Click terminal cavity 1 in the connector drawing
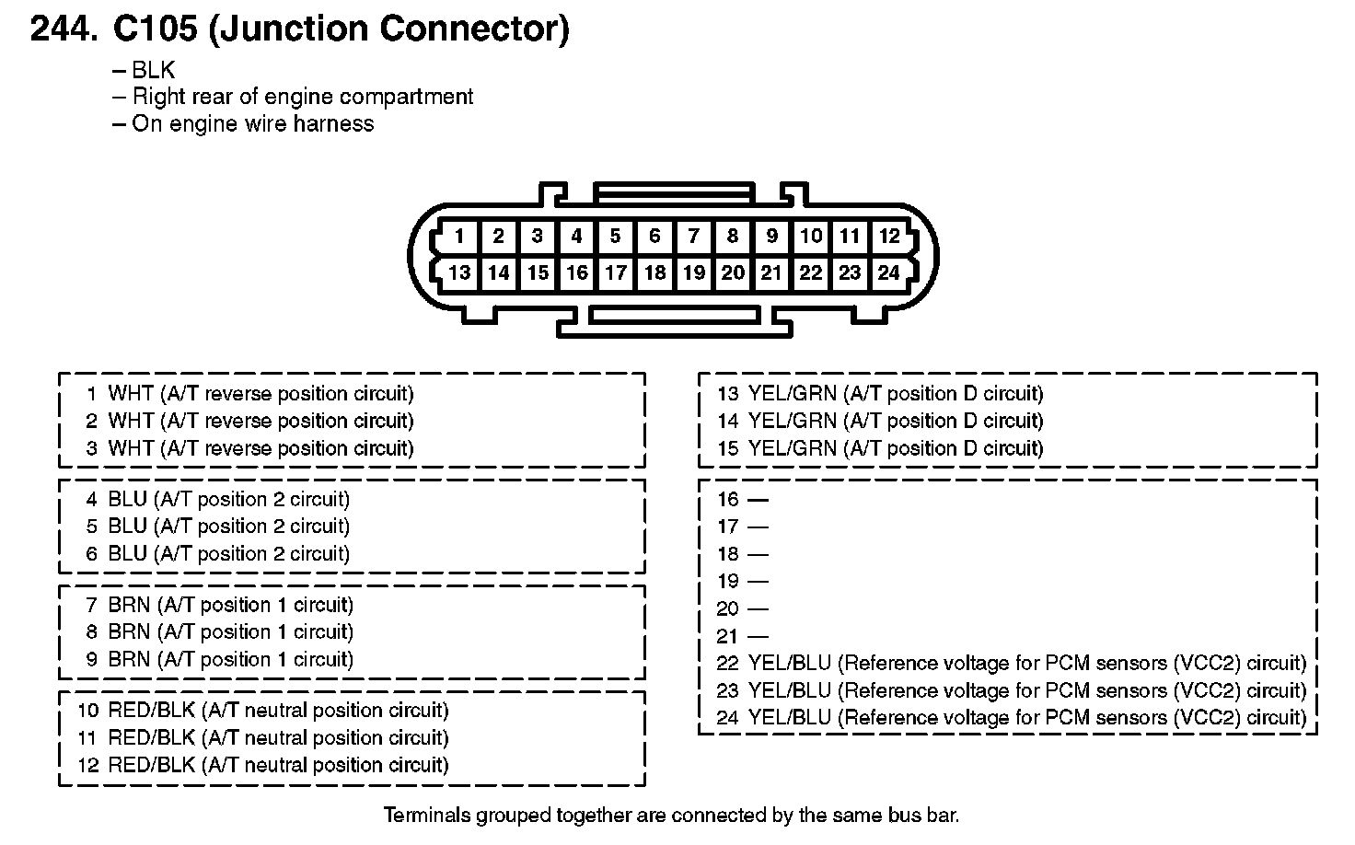[459, 236]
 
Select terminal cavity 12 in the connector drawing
[889, 236]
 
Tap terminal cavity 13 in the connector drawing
[459, 272]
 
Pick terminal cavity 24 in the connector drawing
[888, 272]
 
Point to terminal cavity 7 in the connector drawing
[694, 236]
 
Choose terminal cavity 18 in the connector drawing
[655, 272]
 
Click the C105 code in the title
[155, 29]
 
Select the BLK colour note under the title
[154, 70]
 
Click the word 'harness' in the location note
[333, 123]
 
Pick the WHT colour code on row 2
[131, 421]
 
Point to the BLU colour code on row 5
[128, 527]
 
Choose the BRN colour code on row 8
[129, 632]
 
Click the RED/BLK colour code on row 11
[152, 738]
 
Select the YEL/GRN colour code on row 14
[793, 421]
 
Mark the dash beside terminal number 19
[758, 582]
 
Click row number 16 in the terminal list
[728, 500]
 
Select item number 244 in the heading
[64, 29]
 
